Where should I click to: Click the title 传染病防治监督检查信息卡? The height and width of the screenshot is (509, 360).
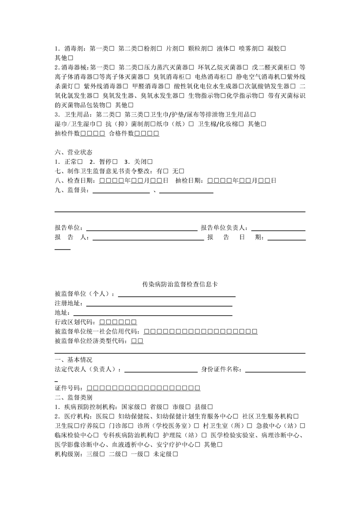click(180, 284)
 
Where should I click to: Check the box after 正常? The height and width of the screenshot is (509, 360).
click(79, 162)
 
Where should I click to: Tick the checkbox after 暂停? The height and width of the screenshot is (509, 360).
click(115, 162)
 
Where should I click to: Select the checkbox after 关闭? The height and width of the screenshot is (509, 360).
click(149, 162)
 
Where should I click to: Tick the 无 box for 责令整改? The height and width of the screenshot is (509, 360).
click(182, 171)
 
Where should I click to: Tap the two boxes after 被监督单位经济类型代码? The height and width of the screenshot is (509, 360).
click(137, 341)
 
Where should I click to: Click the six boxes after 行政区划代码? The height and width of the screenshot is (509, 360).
click(117, 322)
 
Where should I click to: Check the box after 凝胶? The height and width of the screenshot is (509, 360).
click(283, 49)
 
